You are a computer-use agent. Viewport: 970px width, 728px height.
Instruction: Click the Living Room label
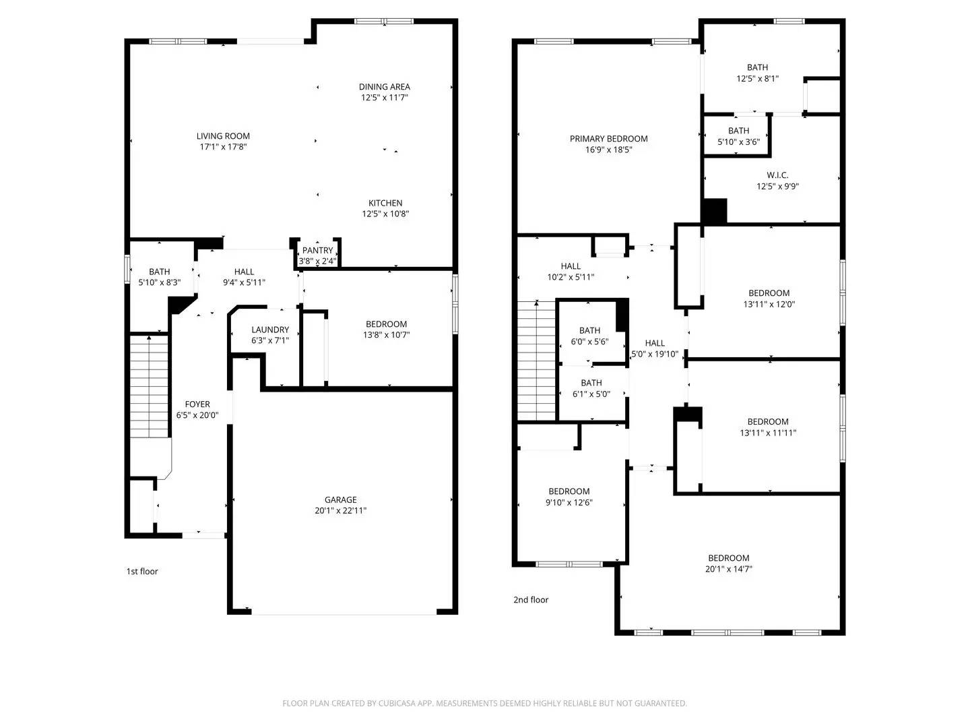pyautogui.click(x=223, y=136)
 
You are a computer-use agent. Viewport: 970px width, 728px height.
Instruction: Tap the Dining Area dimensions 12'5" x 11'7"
pyautogui.click(x=384, y=98)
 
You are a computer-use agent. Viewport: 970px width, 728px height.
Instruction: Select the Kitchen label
pyautogui.click(x=385, y=203)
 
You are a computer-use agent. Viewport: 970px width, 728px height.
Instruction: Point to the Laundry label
pyautogui.click(x=270, y=330)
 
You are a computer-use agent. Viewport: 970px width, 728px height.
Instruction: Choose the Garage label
pyautogui.click(x=340, y=499)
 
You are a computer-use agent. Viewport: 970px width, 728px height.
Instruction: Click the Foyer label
pyautogui.click(x=197, y=404)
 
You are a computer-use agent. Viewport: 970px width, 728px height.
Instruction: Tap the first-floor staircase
pyautogui.click(x=148, y=386)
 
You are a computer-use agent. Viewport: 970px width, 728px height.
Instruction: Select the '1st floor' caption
pyautogui.click(x=142, y=572)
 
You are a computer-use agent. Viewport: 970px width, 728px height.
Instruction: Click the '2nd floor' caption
pyautogui.click(x=531, y=600)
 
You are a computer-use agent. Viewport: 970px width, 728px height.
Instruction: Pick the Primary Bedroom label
pyautogui.click(x=608, y=139)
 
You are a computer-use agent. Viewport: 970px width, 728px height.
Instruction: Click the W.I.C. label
pyautogui.click(x=777, y=175)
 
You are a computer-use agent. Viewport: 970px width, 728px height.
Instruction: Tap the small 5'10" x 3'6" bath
pyautogui.click(x=738, y=136)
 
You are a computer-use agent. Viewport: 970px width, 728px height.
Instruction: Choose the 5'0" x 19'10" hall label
pyautogui.click(x=655, y=343)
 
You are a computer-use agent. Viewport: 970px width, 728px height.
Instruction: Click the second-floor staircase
pyautogui.click(x=536, y=361)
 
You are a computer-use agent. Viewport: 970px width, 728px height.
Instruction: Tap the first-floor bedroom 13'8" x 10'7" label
pyautogui.click(x=386, y=324)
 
